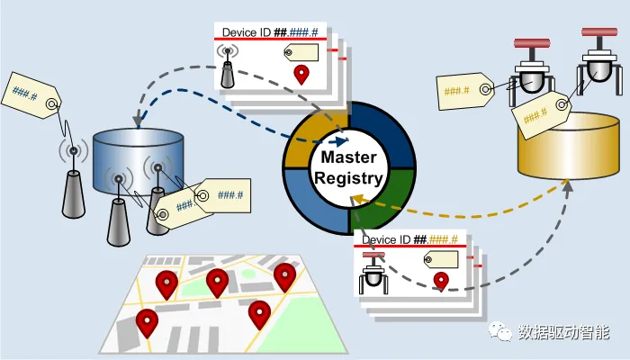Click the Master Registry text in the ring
(x=347, y=168)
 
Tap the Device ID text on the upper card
(x=253, y=33)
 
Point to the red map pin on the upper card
(x=301, y=76)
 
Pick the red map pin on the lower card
(x=441, y=281)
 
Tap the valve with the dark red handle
(x=530, y=72)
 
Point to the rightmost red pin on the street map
(x=284, y=276)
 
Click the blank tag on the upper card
(x=300, y=52)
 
